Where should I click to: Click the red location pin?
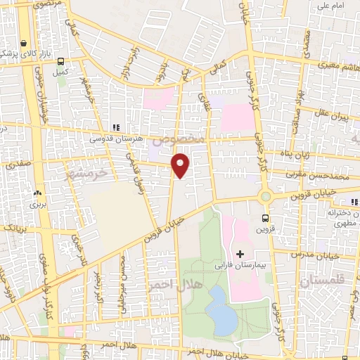point(181,165)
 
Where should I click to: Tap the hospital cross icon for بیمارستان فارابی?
point(240,253)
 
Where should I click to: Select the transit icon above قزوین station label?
point(265,218)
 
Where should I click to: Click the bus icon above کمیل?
point(61,61)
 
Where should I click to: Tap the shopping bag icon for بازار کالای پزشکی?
point(25,42)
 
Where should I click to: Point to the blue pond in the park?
point(221,309)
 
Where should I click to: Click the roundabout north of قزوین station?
point(265,197)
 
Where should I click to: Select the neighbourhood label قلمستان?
point(324,281)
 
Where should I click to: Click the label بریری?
point(35,207)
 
